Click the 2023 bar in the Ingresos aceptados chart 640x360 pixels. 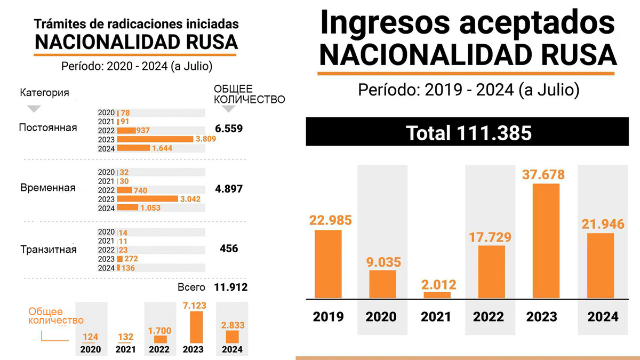pyautogui.click(x=546, y=241)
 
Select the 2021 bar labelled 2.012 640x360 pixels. pyautogui.click(x=437, y=294)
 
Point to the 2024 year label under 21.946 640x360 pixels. pyautogui.click(x=603, y=316)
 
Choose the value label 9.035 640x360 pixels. pyautogui.click(x=383, y=262)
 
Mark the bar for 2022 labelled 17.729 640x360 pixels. pyautogui.click(x=491, y=271)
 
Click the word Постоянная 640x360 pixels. pyautogui.click(x=47, y=128)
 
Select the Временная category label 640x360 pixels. pyautogui.click(x=47, y=189)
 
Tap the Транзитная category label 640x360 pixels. pyautogui.click(x=48, y=250)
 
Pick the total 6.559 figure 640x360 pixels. pyautogui.click(x=229, y=128)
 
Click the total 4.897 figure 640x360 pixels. pyautogui.click(x=229, y=189)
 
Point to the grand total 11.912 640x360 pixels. pyautogui.click(x=230, y=287)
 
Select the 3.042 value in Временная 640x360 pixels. pyautogui.click(x=190, y=199)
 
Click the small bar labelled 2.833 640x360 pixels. pyautogui.click(x=233, y=337)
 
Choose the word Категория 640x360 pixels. pyautogui.click(x=45, y=93)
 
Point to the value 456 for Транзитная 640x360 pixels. pyautogui.click(x=229, y=249)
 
